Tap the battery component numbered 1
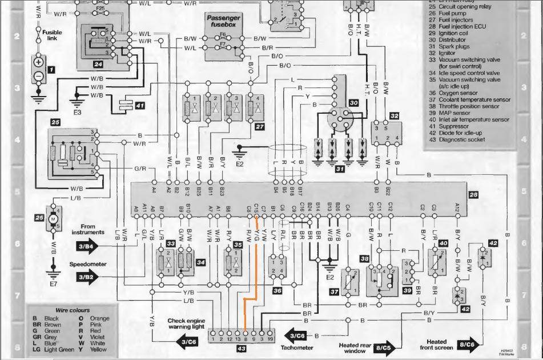38,69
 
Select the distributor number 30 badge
354,103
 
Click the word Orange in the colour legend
99,318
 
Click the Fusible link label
52,37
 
